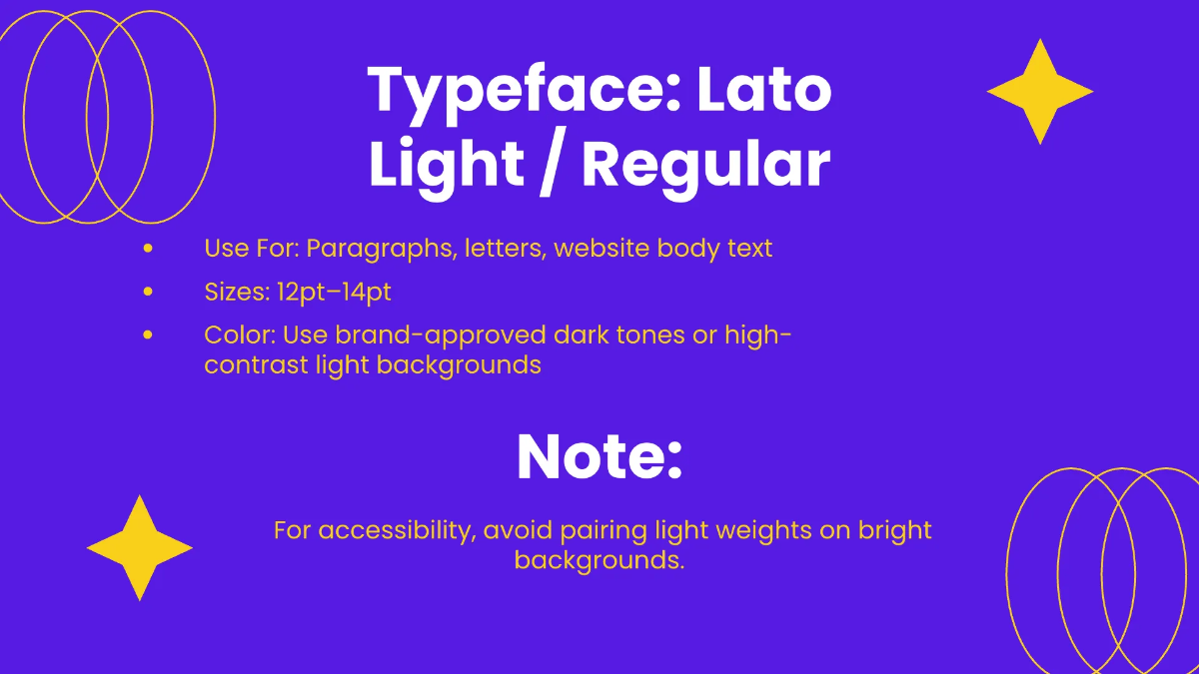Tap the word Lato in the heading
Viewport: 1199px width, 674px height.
point(764,90)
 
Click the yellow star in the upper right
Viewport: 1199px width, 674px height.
point(1040,92)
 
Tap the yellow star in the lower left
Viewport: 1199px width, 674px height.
point(140,547)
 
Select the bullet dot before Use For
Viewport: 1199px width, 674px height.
point(148,248)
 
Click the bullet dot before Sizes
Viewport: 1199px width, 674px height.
point(148,292)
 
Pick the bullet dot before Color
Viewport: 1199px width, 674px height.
point(148,335)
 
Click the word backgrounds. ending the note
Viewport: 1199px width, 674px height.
point(599,559)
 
